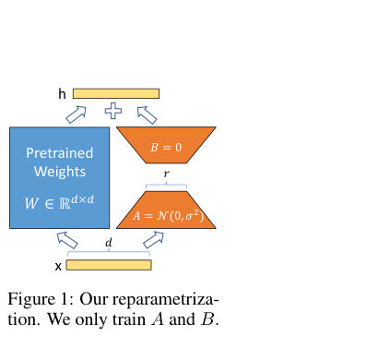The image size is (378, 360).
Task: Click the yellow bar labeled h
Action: coord(116,93)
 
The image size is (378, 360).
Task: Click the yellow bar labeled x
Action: coord(109,265)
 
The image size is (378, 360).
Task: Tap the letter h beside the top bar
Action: coord(62,93)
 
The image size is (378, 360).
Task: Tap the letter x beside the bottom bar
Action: coord(58,267)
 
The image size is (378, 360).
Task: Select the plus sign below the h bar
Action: coord(113,111)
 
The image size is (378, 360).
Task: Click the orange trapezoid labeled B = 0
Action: coord(166,145)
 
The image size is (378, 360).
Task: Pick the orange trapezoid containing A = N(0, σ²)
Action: coord(166,210)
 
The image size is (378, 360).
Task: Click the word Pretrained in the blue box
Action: coord(60,153)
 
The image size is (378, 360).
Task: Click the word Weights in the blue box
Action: coord(60,172)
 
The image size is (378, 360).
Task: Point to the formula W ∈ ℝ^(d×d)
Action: coord(60,202)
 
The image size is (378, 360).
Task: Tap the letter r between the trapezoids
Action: coord(166,174)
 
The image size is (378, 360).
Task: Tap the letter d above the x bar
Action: coord(109,243)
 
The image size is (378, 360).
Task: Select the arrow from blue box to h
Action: coord(76,114)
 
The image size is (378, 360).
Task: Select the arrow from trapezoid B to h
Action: coord(147,115)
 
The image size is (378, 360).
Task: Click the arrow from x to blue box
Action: coord(67,240)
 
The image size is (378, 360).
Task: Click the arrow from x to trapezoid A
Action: coord(153,240)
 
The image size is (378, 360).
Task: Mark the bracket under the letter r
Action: coord(166,185)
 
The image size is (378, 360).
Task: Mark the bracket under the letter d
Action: coord(109,253)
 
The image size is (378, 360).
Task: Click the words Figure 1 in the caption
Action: coord(41,299)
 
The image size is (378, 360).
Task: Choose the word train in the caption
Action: coord(129,319)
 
